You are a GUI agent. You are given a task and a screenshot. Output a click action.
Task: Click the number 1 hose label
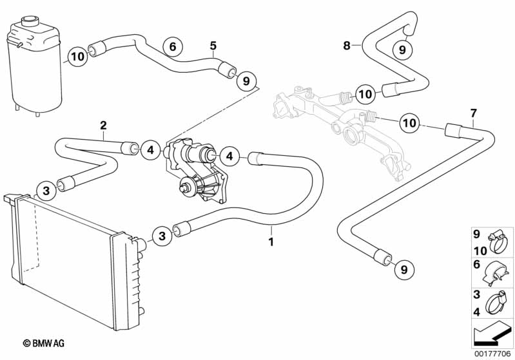271,242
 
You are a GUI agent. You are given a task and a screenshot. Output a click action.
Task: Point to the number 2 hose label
103,124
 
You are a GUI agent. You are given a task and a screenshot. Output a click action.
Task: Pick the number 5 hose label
213,45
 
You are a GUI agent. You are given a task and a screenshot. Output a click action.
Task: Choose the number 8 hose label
347,45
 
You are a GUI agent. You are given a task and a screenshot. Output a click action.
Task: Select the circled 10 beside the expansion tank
77,56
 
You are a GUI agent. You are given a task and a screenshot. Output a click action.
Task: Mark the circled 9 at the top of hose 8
400,48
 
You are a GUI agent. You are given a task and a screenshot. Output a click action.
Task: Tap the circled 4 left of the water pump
148,150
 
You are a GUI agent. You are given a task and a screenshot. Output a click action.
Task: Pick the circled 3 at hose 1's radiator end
162,236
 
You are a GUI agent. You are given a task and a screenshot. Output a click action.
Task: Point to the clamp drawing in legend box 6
498,273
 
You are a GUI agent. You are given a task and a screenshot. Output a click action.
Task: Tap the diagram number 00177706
494,353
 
